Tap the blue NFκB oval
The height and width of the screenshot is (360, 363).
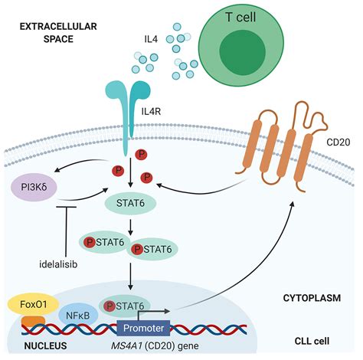77,315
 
